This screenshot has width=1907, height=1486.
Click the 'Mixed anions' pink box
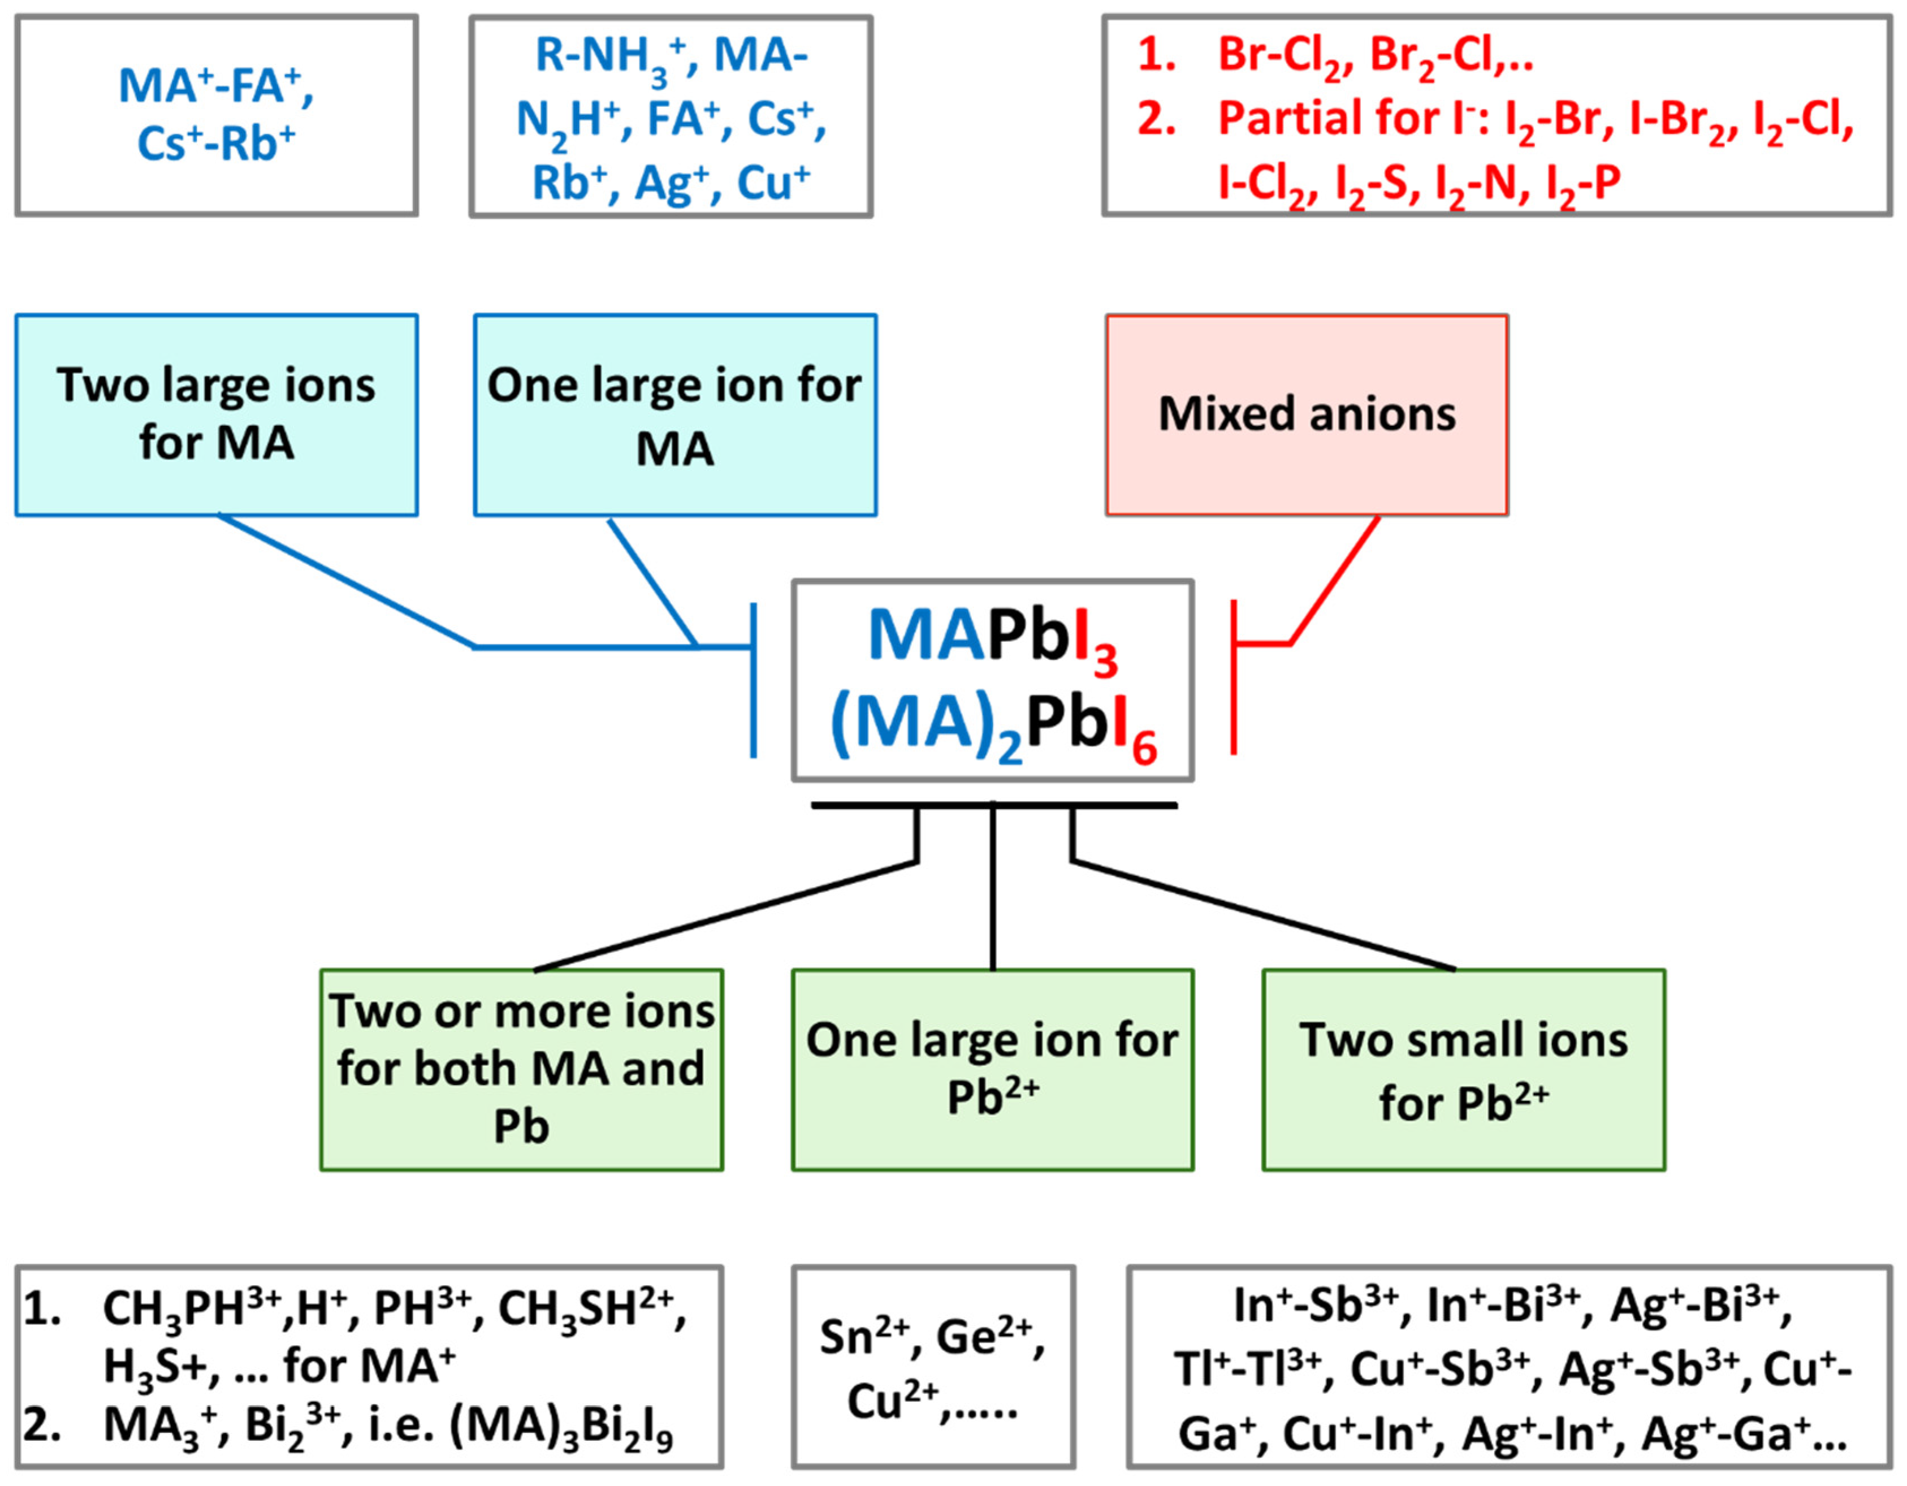pos(1306,414)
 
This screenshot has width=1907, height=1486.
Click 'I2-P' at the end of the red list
pos(1582,183)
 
